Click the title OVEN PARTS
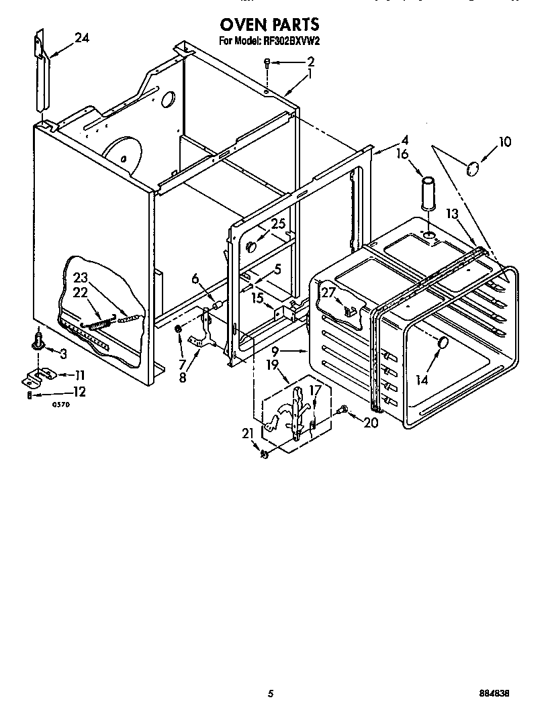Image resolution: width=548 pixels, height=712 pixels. coord(269,25)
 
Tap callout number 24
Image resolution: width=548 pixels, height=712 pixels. coord(81,38)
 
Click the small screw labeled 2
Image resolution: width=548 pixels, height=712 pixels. coord(267,63)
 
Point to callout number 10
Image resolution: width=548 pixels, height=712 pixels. coord(504,142)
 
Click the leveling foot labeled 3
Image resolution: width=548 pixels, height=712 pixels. coord(39,343)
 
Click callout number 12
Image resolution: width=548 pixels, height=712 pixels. coord(79,391)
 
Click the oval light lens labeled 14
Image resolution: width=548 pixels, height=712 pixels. coord(443,344)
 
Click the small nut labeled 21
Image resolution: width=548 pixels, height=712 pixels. coord(265,454)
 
